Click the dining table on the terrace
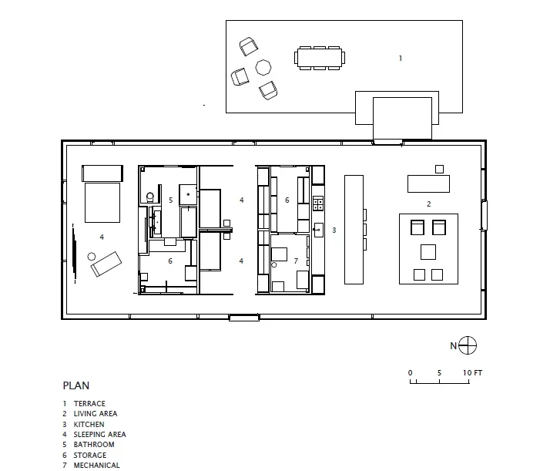[318, 57]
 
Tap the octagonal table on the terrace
[263, 68]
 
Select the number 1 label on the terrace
[401, 58]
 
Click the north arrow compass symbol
[468, 345]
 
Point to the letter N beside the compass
[454, 346]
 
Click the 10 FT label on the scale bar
[472, 372]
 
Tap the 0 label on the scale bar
[411, 372]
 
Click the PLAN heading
[75, 385]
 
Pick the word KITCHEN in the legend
[89, 424]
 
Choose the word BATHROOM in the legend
[93, 444]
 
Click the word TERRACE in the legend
[89, 403]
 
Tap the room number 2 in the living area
[429, 204]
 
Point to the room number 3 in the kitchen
[334, 230]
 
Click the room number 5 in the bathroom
[170, 200]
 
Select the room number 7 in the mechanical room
[295, 261]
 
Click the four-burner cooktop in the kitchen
[317, 204]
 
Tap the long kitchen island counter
[354, 229]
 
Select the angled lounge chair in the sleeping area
[106, 263]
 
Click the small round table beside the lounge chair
[92, 256]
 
